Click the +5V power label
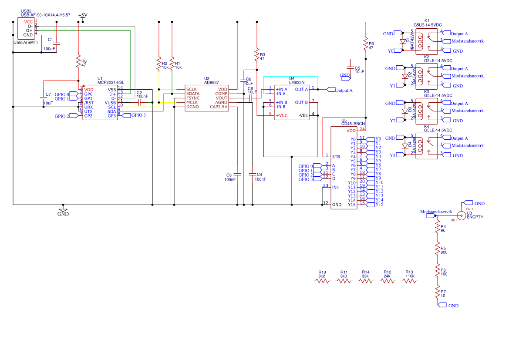click(x=82, y=15)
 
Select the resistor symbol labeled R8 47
click(x=78, y=62)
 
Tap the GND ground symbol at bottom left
click(x=63, y=211)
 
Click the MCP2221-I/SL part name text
click(x=111, y=82)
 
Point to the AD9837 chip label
click(x=211, y=82)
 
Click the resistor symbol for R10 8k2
click(x=322, y=281)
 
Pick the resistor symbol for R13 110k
click(x=409, y=281)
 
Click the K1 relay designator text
click(x=427, y=21)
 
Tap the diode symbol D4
click(x=405, y=146)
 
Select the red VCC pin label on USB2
click(x=28, y=22)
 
